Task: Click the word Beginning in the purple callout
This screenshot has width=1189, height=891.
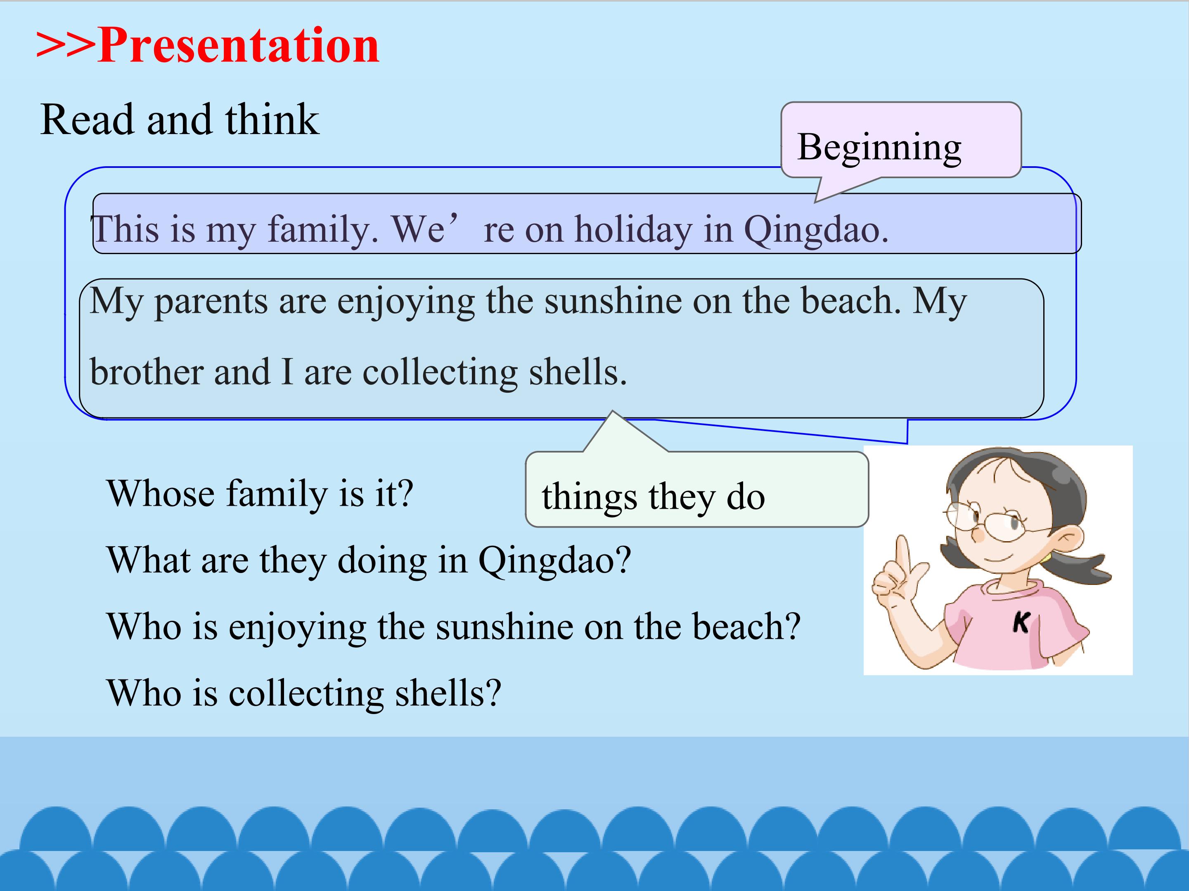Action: (x=879, y=147)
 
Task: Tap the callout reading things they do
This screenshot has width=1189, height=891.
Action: (x=696, y=489)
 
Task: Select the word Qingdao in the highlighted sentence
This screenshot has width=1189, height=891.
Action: (x=816, y=230)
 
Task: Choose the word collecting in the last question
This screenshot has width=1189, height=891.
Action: (x=306, y=693)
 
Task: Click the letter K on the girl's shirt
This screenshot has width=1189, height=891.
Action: (x=1020, y=623)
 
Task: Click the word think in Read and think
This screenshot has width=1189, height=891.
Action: (x=272, y=119)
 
